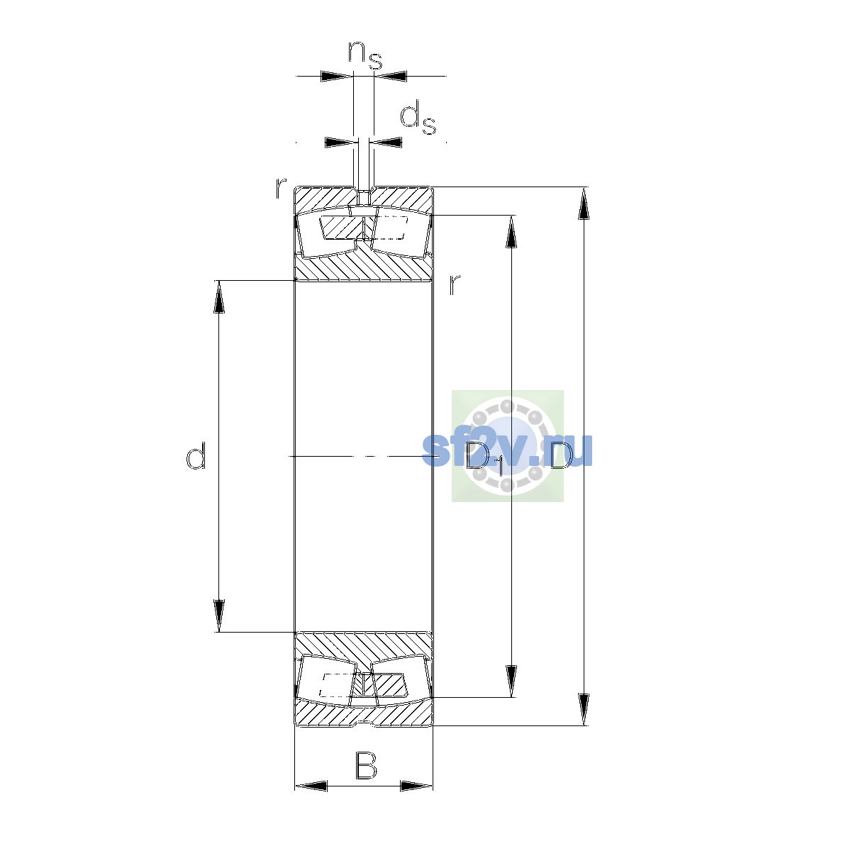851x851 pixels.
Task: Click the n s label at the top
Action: pyautogui.click(x=365, y=55)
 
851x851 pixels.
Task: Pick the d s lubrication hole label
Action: pyautogui.click(x=418, y=117)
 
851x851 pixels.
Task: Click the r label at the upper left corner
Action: pyautogui.click(x=280, y=188)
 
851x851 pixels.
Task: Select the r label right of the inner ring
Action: pyautogui.click(x=455, y=284)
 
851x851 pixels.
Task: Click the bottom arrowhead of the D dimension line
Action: pyautogui.click(x=584, y=710)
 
